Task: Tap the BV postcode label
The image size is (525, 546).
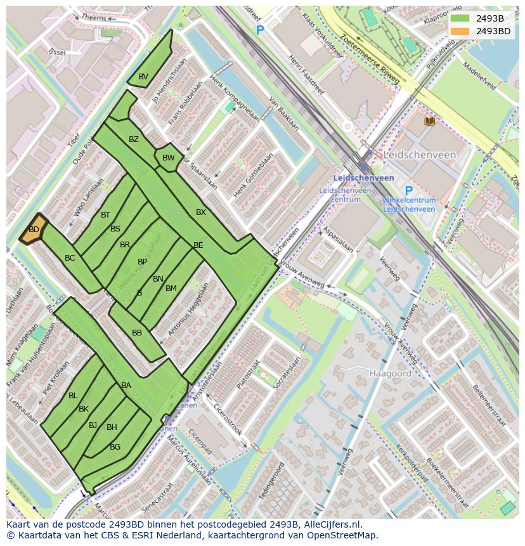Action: click(143, 77)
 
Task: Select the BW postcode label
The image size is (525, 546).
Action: click(168, 158)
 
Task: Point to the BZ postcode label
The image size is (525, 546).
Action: click(134, 140)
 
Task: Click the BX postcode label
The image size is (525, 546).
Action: click(201, 212)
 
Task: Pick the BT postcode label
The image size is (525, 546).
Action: click(105, 215)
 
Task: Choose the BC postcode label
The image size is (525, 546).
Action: click(70, 258)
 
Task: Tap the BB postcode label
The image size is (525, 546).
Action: click(137, 333)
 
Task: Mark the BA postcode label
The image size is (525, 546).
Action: click(126, 386)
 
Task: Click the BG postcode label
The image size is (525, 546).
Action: click(115, 447)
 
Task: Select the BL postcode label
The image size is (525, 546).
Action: click(73, 396)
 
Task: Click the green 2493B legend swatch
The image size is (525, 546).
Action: click(460, 18)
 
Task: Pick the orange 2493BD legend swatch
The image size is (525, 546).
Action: click(460, 31)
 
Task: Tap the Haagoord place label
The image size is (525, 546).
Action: click(390, 374)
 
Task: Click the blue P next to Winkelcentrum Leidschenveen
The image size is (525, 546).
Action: click(408, 191)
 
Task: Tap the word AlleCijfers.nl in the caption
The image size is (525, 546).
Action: click(331, 524)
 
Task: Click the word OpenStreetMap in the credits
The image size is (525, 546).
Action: click(342, 535)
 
